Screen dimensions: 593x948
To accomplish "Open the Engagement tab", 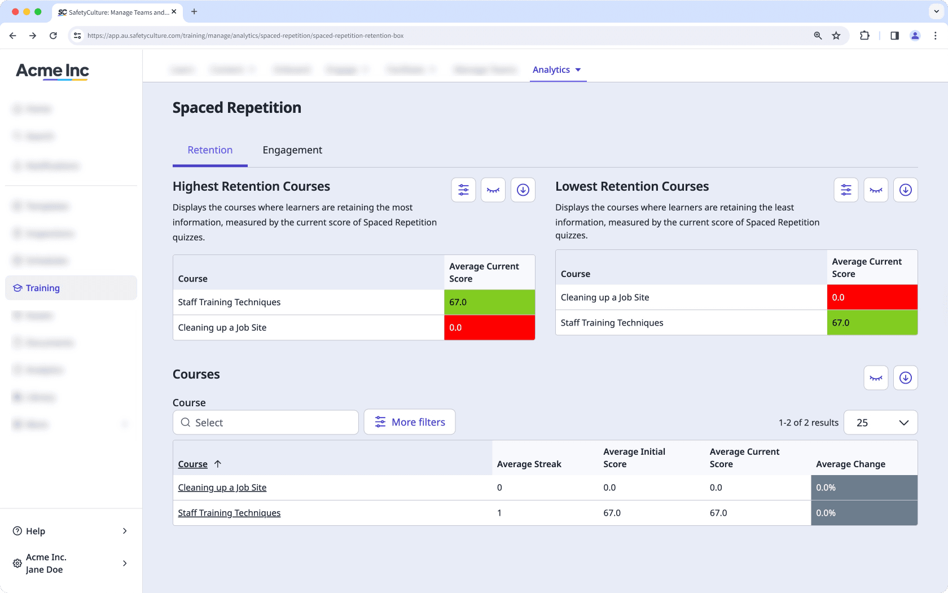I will click(x=292, y=150).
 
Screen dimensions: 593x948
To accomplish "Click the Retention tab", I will click(x=210, y=150).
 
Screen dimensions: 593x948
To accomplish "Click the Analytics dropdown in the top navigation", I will click(x=556, y=70).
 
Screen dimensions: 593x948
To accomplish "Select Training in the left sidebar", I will click(x=43, y=288).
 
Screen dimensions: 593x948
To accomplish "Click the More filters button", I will click(x=410, y=422).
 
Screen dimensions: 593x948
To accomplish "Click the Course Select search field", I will click(x=266, y=423).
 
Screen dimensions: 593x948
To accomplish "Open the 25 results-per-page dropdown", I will click(x=880, y=423).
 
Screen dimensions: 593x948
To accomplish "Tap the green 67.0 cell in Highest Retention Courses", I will click(x=489, y=302).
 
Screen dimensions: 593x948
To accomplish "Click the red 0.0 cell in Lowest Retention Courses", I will click(x=871, y=297).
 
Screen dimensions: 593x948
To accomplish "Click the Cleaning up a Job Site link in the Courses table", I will click(x=222, y=487).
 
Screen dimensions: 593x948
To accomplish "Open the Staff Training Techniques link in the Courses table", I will click(x=229, y=513).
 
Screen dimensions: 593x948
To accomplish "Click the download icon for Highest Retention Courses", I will click(x=523, y=190).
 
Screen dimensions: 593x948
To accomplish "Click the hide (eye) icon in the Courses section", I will click(x=876, y=378).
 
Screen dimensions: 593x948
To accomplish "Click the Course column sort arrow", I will click(x=218, y=464).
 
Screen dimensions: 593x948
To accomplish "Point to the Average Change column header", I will click(x=850, y=464).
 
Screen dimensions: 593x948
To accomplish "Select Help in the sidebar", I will click(x=36, y=531).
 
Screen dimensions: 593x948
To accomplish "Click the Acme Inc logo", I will click(x=52, y=71).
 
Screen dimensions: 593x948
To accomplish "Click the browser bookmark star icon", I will click(x=836, y=36).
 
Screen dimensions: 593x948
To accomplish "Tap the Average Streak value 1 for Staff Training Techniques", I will click(x=499, y=513).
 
